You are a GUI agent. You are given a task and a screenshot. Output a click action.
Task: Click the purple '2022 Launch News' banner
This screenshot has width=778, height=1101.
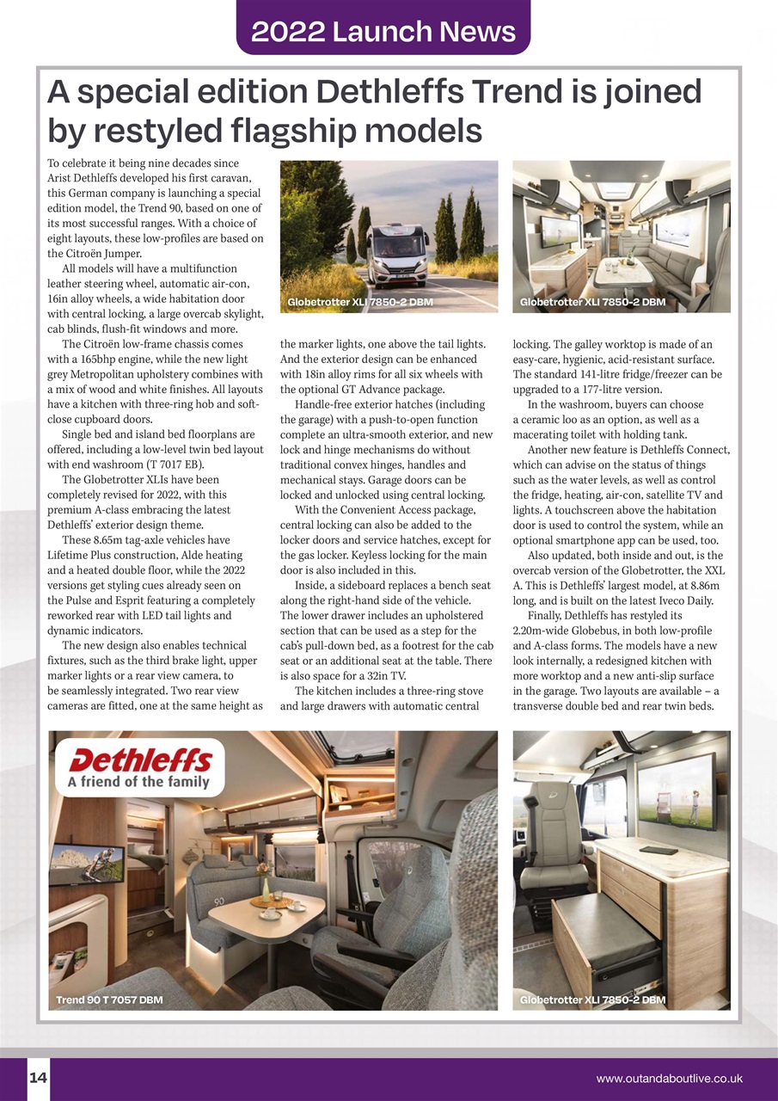(x=383, y=31)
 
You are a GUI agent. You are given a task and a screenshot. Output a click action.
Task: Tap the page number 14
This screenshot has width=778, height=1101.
(x=38, y=1078)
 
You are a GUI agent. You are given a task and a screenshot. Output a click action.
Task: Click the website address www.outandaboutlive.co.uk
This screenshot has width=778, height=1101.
(x=669, y=1079)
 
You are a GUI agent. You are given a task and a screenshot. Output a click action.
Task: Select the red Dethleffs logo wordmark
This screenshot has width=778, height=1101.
(x=140, y=761)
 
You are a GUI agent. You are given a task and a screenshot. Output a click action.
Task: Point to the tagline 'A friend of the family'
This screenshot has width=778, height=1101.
(x=138, y=782)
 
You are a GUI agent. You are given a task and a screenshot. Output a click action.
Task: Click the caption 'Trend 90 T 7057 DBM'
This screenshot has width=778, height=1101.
(x=109, y=1000)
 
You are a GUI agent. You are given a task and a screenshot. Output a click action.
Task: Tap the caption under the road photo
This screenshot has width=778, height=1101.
(x=360, y=302)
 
